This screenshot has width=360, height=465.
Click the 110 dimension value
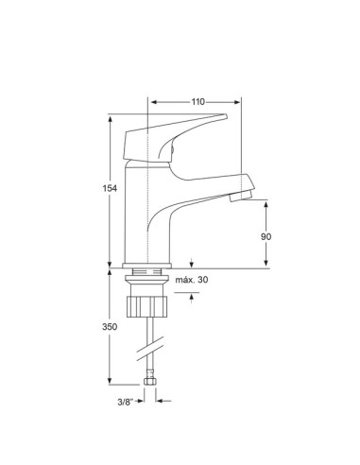pos(197,100)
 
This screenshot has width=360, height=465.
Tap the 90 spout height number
pos(267,235)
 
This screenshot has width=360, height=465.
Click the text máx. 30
pos(192,281)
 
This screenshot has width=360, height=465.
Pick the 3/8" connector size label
pos(123,400)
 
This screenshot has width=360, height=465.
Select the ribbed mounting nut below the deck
pos(148,306)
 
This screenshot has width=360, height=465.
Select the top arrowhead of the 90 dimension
pos(267,202)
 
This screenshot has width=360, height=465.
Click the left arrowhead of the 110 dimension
pos(154,100)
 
